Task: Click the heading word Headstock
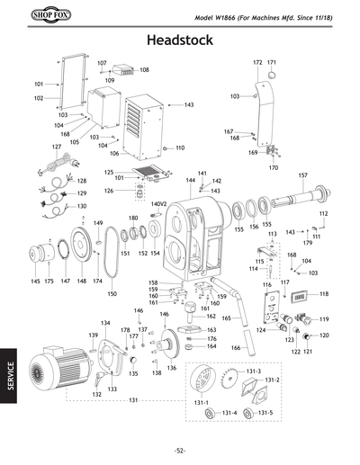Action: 179,41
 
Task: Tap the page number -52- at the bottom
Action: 180,450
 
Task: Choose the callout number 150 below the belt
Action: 112,293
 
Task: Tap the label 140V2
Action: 160,204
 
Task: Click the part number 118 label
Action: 324,294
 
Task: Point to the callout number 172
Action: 256,62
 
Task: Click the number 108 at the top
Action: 144,69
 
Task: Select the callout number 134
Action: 105,323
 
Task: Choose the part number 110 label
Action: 180,148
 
